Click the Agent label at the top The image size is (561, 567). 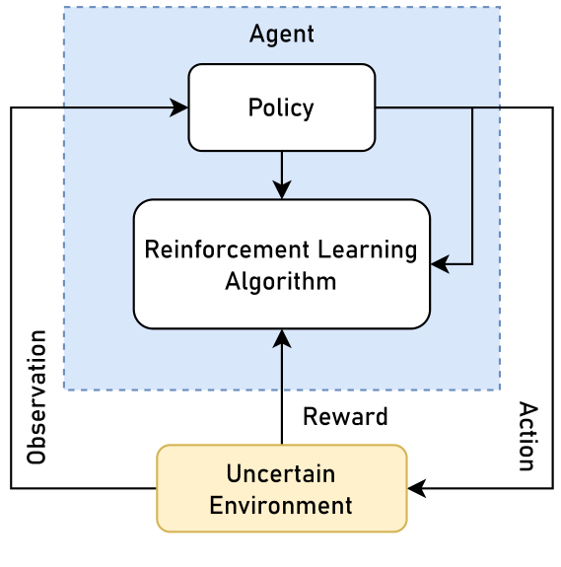(x=281, y=35)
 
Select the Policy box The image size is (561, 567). (x=281, y=107)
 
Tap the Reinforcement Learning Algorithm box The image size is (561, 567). (x=281, y=264)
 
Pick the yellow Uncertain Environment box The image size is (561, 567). (x=281, y=488)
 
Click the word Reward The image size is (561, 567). (x=345, y=417)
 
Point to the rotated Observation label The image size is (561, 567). (x=37, y=397)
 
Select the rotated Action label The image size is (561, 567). (x=527, y=437)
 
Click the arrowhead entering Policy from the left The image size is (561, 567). (x=180, y=107)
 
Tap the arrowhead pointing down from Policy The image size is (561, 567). (x=282, y=190)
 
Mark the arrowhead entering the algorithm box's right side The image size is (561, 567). (x=439, y=264)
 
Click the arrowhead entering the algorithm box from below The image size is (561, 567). (x=282, y=337)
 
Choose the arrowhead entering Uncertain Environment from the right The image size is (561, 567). (x=415, y=488)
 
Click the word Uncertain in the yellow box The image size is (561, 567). (x=281, y=474)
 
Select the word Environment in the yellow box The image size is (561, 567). (x=281, y=506)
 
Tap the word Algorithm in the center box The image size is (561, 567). (x=281, y=282)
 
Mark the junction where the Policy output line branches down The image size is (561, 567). (x=472, y=107)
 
